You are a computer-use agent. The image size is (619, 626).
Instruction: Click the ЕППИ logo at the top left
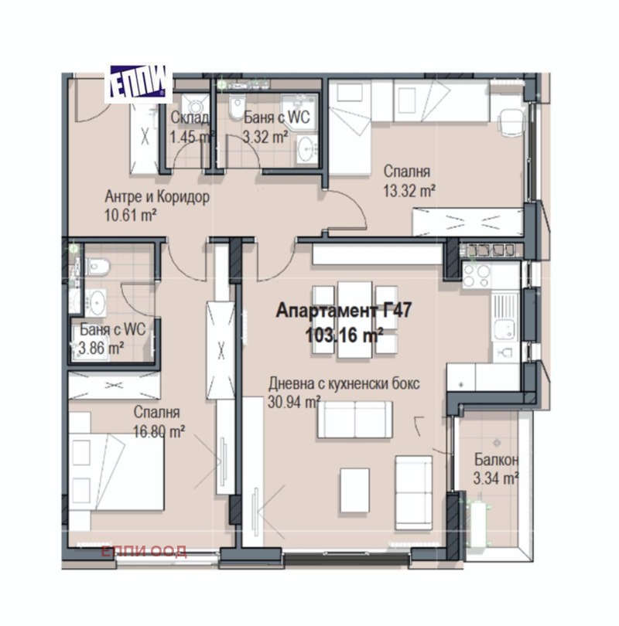pyautogui.click(x=139, y=83)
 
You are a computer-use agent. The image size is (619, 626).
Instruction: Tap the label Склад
pyautogui.click(x=190, y=117)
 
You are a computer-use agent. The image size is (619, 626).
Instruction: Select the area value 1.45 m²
pyautogui.click(x=190, y=138)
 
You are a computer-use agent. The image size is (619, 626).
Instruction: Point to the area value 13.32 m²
pyautogui.click(x=409, y=191)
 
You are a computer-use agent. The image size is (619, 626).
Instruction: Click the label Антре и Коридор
pyautogui.click(x=157, y=196)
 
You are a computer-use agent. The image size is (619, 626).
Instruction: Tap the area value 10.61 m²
pyautogui.click(x=130, y=216)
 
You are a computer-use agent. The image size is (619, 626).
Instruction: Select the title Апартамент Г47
pyautogui.click(x=344, y=310)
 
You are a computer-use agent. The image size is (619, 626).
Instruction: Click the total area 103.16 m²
pyautogui.click(x=344, y=335)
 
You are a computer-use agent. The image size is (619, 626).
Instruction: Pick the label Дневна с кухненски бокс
pyautogui.click(x=344, y=383)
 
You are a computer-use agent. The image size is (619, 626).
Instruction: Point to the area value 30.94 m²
pyautogui.click(x=294, y=402)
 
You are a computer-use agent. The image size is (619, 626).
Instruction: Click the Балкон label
pyautogui.click(x=496, y=460)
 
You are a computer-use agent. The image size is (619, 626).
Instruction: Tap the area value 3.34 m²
pyautogui.click(x=496, y=478)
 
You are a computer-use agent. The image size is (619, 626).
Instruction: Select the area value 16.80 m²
pyautogui.click(x=159, y=431)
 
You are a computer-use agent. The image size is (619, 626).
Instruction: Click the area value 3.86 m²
pyautogui.click(x=101, y=349)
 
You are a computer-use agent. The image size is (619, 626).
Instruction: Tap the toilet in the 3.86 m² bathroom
pyautogui.click(x=96, y=267)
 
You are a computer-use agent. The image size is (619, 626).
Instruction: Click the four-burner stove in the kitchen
pyautogui.click(x=477, y=275)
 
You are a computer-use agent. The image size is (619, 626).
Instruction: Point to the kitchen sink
pyautogui.click(x=504, y=328)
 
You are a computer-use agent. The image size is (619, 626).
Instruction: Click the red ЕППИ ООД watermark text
pyautogui.click(x=143, y=551)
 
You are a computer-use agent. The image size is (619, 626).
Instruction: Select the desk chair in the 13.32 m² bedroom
pyautogui.click(x=511, y=122)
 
